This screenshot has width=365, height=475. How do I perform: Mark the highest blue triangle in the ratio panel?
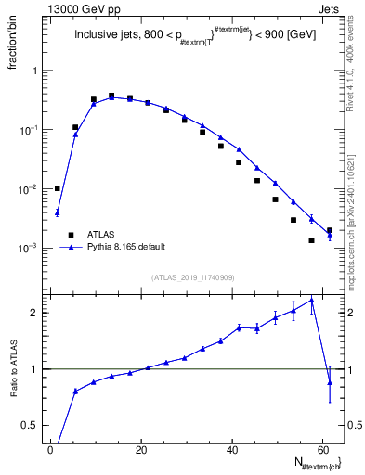point(311,300)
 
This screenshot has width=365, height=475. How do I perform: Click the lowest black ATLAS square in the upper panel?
point(311,240)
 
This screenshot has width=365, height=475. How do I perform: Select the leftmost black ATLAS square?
point(58,188)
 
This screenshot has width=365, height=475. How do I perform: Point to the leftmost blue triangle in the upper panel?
point(58,212)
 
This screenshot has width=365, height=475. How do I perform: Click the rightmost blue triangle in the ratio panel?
point(330,381)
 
